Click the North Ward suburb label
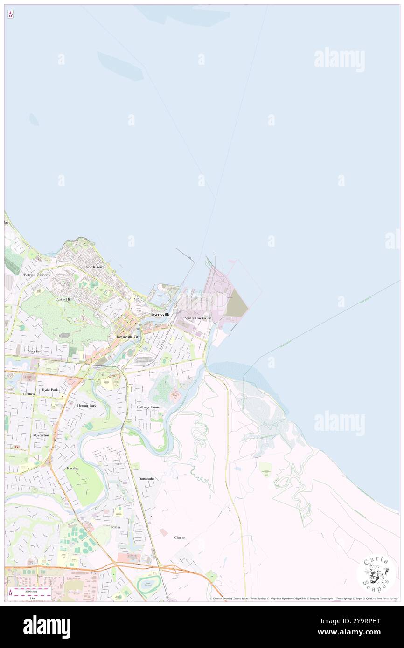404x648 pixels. [96, 267]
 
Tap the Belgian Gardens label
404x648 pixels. [37, 275]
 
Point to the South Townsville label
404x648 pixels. [197, 318]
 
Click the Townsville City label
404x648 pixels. [128, 336]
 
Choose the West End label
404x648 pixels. [35, 351]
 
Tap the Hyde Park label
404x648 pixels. [50, 389]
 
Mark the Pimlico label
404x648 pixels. [29, 394]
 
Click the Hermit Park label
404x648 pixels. [87, 406]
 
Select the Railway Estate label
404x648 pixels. [148, 407]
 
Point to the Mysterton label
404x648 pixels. [41, 435]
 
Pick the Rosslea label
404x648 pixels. [73, 468]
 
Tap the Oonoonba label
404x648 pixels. [146, 479]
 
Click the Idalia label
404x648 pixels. [115, 527]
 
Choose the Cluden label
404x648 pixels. [180, 538]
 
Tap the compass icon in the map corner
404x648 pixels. [10, 14]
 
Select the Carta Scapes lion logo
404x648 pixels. [377, 573]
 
